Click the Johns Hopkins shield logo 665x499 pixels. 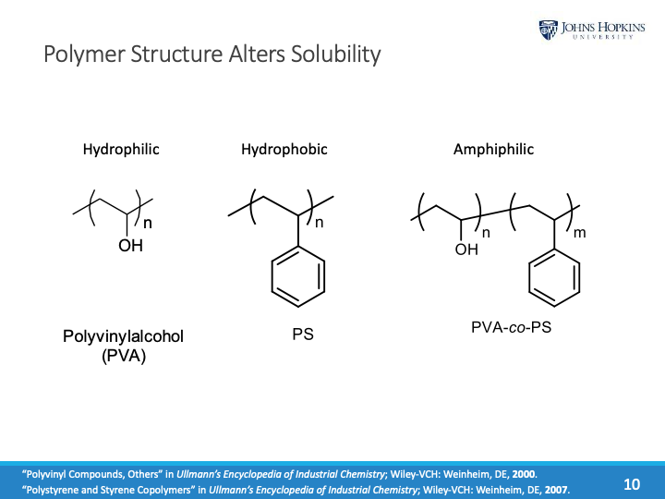click(549, 30)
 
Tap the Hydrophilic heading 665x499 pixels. click(121, 149)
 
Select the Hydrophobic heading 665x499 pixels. click(284, 149)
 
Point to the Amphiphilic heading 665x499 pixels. click(493, 149)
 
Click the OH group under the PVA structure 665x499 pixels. click(131, 246)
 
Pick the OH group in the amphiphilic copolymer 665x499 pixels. click(467, 249)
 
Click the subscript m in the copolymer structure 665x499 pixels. click(580, 234)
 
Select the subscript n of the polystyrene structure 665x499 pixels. click(320, 223)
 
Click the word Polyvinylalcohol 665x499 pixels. click(123, 336)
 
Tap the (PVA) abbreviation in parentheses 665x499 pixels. click(124, 355)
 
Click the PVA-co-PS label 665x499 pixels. click(504, 327)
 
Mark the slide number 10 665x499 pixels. click(632, 483)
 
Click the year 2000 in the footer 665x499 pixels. click(522, 474)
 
